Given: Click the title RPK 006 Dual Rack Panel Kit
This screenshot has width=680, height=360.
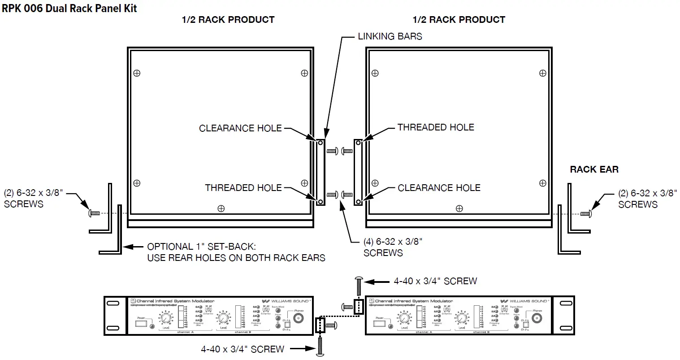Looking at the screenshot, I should [x=69, y=8].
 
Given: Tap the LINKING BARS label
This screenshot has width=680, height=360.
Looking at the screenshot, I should [x=390, y=36].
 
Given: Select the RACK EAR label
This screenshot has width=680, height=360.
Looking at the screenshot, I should [x=594, y=169].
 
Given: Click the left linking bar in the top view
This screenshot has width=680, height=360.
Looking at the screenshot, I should [x=321, y=172].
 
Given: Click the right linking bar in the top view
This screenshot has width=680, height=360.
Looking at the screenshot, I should [x=358, y=172].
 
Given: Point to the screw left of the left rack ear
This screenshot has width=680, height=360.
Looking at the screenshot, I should [x=94, y=213].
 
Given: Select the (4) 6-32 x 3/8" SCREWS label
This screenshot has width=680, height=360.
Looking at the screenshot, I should [x=393, y=247].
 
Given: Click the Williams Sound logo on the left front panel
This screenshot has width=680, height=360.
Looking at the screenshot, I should [x=286, y=301].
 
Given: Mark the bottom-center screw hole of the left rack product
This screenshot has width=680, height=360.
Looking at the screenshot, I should [x=221, y=208].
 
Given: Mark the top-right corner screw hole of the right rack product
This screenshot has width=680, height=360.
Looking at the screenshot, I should [x=543, y=73].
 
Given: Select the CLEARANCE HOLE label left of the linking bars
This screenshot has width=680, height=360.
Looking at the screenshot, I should [x=240, y=128].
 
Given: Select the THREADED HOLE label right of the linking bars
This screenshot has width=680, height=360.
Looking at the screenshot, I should [x=436, y=127].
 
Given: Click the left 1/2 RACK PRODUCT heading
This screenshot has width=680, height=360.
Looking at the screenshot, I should [x=228, y=20].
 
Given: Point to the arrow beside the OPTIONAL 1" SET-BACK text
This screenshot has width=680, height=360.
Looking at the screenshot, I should [x=133, y=247].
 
